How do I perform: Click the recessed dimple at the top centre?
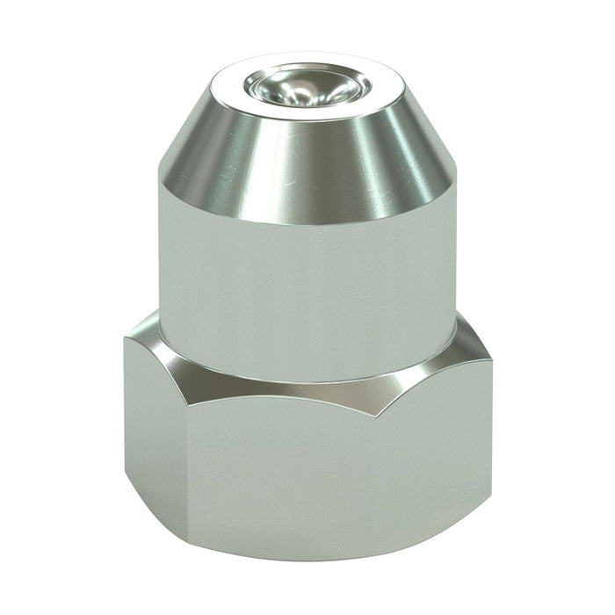(x=306, y=87)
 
